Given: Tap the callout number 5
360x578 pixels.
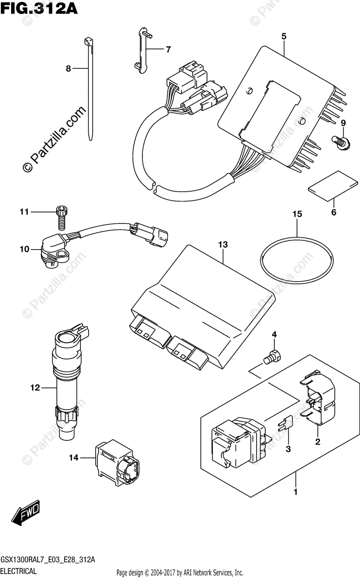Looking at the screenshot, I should [284, 37].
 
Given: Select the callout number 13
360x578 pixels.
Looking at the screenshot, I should [222, 245].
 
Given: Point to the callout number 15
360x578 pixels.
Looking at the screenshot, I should [297, 214].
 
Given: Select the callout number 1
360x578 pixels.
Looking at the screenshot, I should [296, 492].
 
